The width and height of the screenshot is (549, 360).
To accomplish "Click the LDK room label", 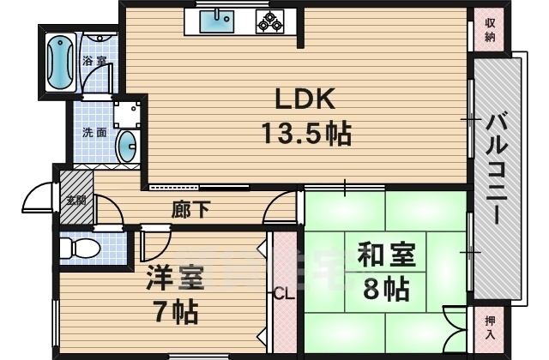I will [304, 99].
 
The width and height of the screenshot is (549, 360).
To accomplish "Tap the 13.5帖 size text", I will [305, 134].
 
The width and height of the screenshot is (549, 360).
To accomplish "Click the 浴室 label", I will [94, 62].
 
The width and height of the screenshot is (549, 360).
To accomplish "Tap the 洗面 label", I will [94, 133].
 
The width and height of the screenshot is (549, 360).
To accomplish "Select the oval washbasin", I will [126, 146].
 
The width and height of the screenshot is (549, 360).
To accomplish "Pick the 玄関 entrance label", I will [75, 200].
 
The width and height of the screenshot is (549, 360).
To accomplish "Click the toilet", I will [81, 248].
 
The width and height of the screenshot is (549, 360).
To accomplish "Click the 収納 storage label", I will [490, 30].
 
